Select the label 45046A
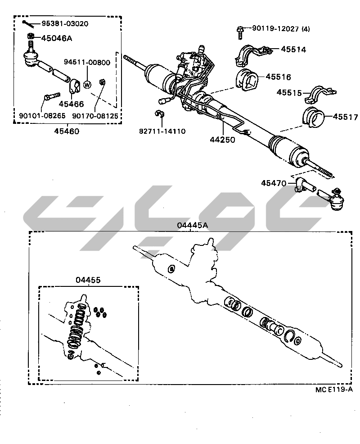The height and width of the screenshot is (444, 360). tap(57, 38)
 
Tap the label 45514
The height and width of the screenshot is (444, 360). tap(293, 50)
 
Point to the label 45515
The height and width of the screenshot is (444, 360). tap(289, 92)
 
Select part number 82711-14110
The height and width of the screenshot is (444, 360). tap(162, 131)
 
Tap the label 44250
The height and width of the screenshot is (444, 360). tap(222, 140)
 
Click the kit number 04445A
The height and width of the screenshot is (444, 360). tap(192, 225)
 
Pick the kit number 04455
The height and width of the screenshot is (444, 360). tap(88, 280)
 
